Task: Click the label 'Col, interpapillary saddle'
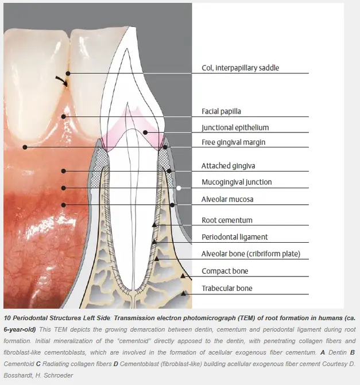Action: point(241,68)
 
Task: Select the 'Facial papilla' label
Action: point(221,111)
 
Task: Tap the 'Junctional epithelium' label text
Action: point(235,128)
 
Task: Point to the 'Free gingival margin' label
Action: point(234,142)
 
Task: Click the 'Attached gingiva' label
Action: point(229,166)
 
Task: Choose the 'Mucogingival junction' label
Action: point(237,182)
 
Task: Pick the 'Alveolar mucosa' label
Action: point(227,199)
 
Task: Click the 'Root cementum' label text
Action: point(227,220)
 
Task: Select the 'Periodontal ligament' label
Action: point(235,237)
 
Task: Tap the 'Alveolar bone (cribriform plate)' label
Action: point(251,254)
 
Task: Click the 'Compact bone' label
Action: point(225,271)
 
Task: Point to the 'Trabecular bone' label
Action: point(227,288)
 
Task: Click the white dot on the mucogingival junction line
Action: point(179,188)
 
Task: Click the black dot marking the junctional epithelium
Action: point(145,133)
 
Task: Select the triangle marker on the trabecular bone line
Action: point(183,293)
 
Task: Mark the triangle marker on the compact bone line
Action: point(183,276)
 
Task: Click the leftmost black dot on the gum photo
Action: point(25,147)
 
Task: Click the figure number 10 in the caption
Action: point(7,318)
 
